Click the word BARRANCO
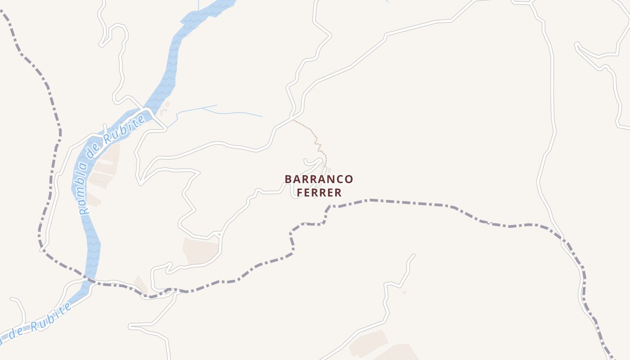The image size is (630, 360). (x=319, y=179)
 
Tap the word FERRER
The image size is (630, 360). (x=319, y=193)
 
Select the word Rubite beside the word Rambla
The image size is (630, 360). (x=125, y=130)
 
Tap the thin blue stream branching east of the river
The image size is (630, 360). (x=216, y=111)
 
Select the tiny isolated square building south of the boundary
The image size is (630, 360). (x=404, y=292)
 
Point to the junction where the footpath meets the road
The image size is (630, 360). (x=293, y=120)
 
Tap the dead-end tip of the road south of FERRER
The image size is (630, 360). (x=413, y=255)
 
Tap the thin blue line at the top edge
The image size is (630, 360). (x=198, y=4)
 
